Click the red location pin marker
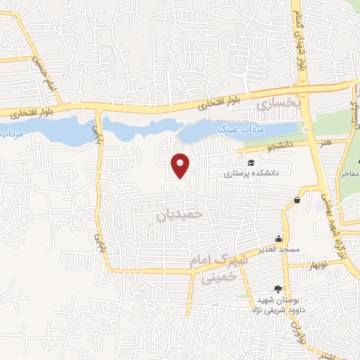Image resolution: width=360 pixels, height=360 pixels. [x=181, y=165]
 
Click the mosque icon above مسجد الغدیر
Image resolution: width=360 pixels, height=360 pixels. [x=279, y=238]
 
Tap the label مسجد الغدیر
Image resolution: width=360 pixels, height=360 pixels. [x=279, y=250]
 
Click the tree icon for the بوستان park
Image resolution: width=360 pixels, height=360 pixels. [x=278, y=288]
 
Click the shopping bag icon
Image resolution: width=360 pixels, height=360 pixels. [x=297, y=200]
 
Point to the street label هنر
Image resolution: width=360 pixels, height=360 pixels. [x=325, y=143]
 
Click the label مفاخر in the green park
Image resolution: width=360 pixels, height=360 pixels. [x=349, y=173]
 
